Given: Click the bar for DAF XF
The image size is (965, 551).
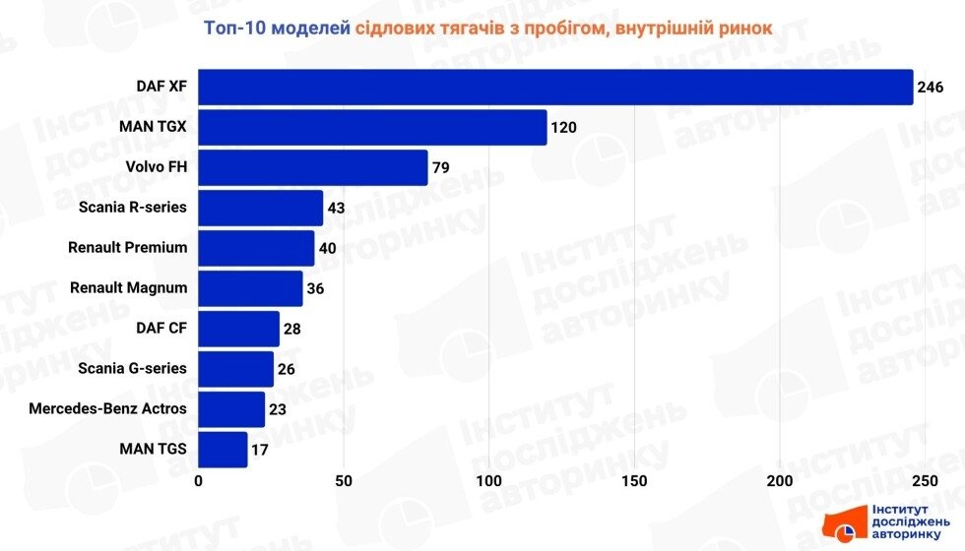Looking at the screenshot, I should point(555,87).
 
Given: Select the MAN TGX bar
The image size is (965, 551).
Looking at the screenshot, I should point(372,127).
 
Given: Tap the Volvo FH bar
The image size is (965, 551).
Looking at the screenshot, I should point(313,167).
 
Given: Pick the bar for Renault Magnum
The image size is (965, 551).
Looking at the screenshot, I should point(250,288).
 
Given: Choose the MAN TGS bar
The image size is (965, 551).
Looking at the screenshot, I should point(223,450).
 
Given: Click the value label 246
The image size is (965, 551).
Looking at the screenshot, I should point(931,88).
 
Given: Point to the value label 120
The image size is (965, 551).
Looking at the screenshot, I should point(563,128).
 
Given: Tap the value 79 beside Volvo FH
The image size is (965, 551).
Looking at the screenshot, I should point(440,168).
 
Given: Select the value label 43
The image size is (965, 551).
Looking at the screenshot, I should point(337,209).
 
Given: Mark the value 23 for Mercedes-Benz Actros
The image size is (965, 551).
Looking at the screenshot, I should point(278,410).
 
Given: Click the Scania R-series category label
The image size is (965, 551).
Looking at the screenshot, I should point(133,208).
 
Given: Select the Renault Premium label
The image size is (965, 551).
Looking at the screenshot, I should point(127,248).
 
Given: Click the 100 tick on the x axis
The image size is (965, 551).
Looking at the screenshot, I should point(489,481).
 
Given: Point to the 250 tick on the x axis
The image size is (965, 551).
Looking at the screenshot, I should point(924,481).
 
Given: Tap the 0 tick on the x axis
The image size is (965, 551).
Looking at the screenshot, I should point(199,481).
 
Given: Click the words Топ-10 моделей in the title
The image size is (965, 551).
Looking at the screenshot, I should point(277,28).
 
